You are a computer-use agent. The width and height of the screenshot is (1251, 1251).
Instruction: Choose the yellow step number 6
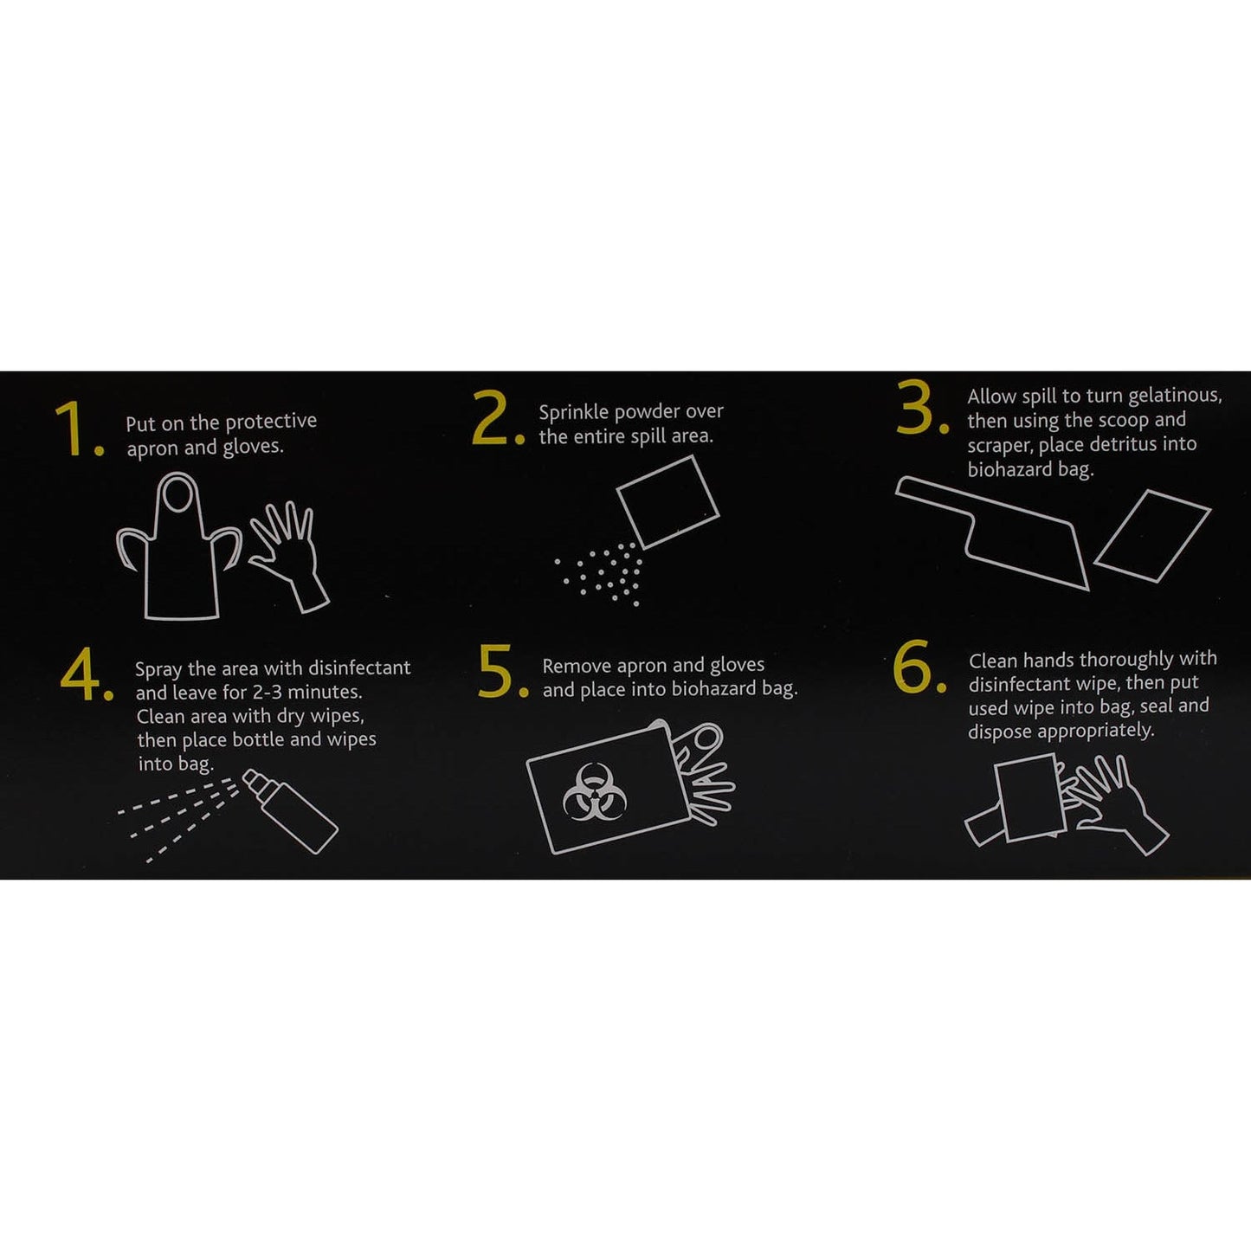point(918,667)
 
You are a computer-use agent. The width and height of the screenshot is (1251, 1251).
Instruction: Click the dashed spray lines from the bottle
point(177,818)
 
